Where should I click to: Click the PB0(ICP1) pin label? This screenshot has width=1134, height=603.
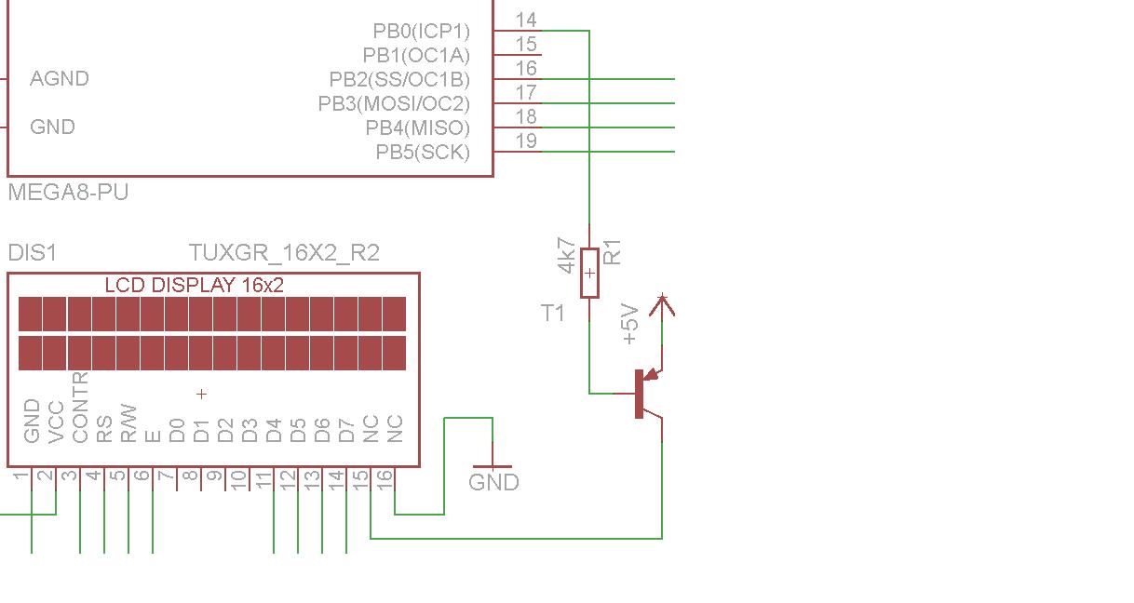[x=421, y=31]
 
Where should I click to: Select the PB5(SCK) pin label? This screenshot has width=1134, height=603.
[x=423, y=152]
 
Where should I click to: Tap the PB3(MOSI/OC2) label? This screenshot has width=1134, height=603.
[x=394, y=103]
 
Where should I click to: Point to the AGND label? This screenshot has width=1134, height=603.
[x=60, y=78]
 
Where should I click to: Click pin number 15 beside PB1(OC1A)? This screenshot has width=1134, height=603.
[x=526, y=44]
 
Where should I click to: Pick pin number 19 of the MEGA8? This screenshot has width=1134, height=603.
[x=526, y=141]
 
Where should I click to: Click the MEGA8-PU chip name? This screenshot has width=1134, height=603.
[x=68, y=193]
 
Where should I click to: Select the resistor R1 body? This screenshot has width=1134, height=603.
[x=589, y=274]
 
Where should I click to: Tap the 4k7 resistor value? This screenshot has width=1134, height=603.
[x=566, y=256]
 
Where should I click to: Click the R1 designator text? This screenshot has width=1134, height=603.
[x=612, y=252]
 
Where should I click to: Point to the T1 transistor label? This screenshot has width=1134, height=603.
[x=552, y=314]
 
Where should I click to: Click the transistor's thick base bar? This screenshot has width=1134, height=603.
[x=639, y=394]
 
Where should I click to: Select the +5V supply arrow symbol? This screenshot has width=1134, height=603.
[x=662, y=305]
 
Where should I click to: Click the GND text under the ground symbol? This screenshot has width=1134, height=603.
[x=493, y=482]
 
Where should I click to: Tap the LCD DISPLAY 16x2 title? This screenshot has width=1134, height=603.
[x=194, y=286]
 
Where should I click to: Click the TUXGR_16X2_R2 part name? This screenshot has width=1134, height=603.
[x=284, y=252]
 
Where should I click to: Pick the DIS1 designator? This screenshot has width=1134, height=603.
[x=32, y=252]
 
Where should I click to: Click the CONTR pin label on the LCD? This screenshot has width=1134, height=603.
[x=80, y=408]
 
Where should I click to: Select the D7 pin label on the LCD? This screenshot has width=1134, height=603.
[x=346, y=431]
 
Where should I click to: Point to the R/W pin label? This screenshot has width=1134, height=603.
[x=128, y=423]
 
